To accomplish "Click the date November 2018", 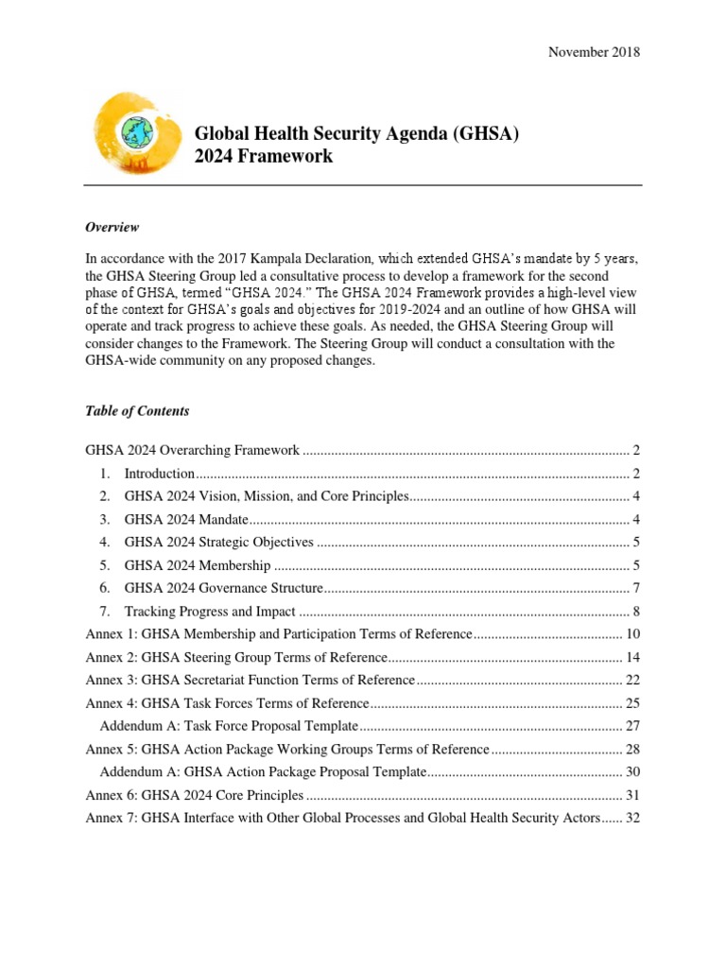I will [594, 52].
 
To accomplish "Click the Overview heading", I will [112, 227].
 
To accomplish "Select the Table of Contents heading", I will [137, 411].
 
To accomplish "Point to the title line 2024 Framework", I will [264, 157].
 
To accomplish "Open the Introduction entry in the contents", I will [160, 474].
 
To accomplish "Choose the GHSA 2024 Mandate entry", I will [185, 520].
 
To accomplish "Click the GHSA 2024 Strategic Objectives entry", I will [218, 543].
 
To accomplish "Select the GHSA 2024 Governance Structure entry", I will [224, 588].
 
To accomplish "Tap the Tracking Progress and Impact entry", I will [210, 612].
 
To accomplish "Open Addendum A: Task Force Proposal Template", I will [230, 726].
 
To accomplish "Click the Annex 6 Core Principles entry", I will [195, 795].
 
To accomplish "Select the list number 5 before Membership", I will [104, 565].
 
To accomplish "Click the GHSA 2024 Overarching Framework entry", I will [193, 450].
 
